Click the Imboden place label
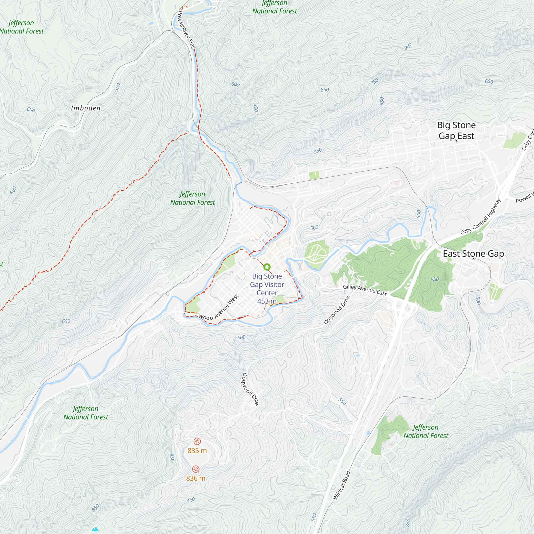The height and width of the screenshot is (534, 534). (85, 108)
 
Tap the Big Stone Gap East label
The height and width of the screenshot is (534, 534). (456, 131)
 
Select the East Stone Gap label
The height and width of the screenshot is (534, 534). (473, 253)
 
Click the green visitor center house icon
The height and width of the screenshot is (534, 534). (267, 267)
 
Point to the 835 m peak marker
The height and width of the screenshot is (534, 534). (197, 441)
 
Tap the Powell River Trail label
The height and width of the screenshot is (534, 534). (187, 30)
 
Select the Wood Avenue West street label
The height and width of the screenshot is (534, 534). (218, 308)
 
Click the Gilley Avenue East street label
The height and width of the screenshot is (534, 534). (364, 290)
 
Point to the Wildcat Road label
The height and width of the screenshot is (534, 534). (342, 485)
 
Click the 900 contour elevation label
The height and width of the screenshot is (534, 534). (408, 46)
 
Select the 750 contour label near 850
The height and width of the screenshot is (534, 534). (374, 81)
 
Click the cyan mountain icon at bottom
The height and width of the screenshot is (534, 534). (95, 529)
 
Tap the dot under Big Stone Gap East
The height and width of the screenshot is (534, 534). (456, 141)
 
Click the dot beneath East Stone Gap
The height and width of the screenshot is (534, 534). (473, 258)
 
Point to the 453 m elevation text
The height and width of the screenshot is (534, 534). (267, 301)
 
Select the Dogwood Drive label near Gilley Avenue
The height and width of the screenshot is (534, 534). (337, 310)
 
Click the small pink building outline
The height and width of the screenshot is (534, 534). (397, 183)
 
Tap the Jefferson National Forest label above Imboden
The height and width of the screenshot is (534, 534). (22, 27)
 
